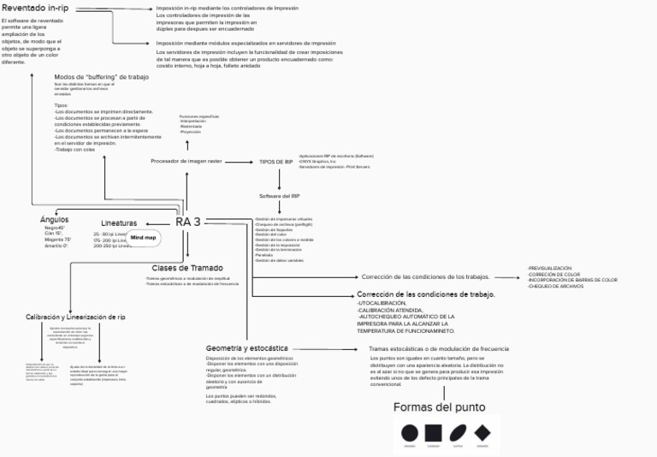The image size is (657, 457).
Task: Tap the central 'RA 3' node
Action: point(188,222)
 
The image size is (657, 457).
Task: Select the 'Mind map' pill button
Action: point(143,237)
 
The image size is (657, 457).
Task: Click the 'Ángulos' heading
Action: point(55,219)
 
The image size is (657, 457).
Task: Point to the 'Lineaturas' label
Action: point(119,223)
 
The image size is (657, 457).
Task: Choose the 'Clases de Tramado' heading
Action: point(187,268)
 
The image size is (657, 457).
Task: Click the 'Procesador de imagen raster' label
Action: point(186,161)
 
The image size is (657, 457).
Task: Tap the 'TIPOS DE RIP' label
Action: point(276,161)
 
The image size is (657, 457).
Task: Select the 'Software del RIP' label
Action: point(280,196)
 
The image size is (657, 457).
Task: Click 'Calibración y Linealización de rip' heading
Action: point(75,317)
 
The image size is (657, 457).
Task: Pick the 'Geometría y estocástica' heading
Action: point(247,348)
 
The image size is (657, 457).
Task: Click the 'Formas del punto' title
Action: point(440,407)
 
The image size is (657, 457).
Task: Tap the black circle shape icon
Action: point(410,433)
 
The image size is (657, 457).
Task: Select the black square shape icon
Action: point(434,433)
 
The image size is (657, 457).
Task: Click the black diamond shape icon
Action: point(482,433)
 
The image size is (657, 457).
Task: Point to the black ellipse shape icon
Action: point(458,433)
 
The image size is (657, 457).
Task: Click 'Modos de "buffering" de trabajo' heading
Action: point(101,77)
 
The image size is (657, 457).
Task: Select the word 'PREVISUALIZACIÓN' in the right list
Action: point(550,268)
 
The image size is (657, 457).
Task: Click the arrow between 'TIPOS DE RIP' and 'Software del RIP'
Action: point(280,179)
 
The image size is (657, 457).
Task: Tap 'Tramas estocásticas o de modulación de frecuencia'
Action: point(439,349)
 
